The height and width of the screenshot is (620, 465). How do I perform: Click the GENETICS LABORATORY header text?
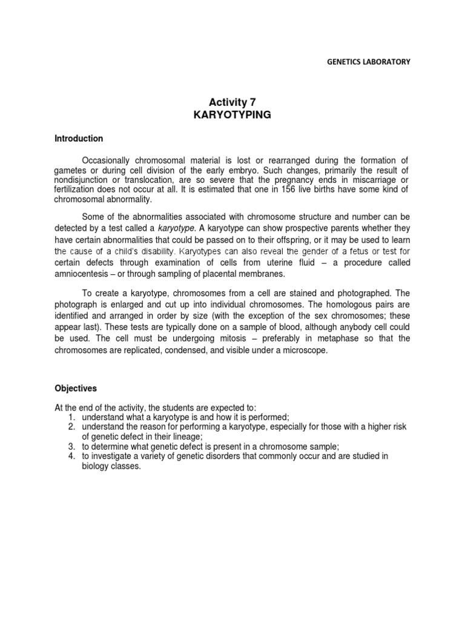[x=369, y=61]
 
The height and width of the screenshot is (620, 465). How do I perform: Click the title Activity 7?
[x=232, y=102]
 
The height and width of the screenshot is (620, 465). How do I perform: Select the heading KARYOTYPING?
[x=232, y=115]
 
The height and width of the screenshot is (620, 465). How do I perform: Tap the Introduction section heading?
[x=79, y=139]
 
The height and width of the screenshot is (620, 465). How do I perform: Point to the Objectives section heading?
[x=76, y=388]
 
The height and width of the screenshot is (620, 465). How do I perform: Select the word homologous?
[x=354, y=305]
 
